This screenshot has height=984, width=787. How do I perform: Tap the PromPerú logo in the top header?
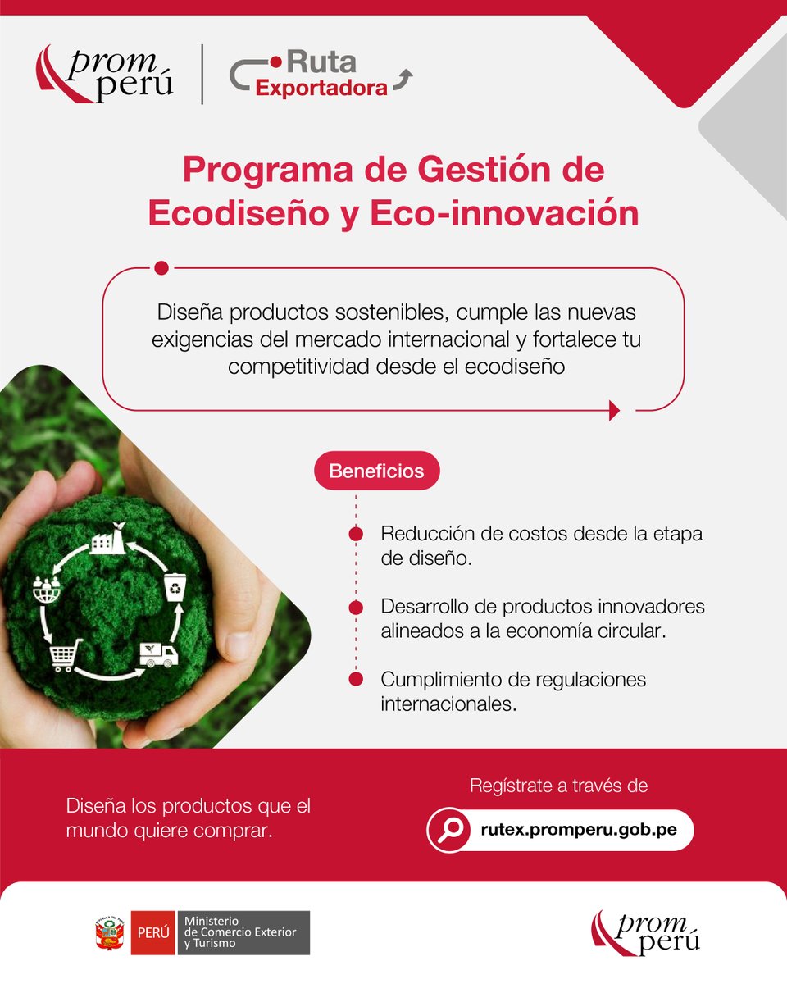105,75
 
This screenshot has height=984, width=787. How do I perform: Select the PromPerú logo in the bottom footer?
646,932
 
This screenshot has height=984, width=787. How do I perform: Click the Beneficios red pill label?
376,471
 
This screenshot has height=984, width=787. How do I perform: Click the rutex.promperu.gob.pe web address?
579,830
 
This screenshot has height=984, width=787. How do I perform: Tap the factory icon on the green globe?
107,538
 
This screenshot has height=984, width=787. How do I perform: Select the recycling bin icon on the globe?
175,588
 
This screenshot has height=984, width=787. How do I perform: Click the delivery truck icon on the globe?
158,654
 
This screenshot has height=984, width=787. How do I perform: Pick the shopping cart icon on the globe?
66,655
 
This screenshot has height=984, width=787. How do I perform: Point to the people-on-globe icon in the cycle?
46,588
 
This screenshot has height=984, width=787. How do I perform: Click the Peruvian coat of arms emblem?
109,933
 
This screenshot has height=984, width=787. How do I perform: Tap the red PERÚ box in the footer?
153,933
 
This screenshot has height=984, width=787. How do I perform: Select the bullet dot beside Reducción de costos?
356,534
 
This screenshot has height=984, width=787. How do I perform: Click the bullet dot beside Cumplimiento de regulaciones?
356,680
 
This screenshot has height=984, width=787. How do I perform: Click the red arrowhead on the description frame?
614,410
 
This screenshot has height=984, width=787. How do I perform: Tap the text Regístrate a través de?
558,786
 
